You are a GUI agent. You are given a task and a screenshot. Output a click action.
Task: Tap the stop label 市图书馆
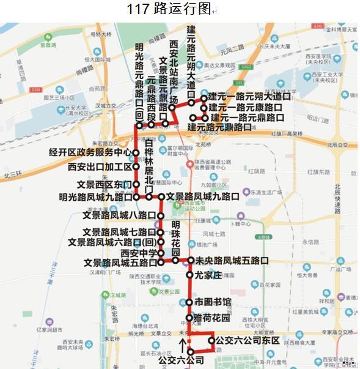[213, 302]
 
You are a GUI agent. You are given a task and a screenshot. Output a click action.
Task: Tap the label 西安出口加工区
[100, 166]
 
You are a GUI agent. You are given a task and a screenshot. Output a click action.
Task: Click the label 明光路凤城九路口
[96, 197]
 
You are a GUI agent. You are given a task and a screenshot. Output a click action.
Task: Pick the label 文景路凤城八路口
[119, 215]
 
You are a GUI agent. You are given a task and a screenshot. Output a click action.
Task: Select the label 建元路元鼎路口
[219, 127]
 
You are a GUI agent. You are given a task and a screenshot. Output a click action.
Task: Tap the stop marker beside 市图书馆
[189, 303]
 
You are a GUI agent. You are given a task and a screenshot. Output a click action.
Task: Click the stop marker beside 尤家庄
[189, 276]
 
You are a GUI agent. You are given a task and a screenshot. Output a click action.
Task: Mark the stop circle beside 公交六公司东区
[211, 340]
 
